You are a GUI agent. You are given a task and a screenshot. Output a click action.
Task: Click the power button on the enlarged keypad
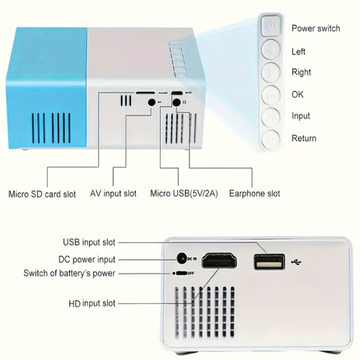(x=271, y=25)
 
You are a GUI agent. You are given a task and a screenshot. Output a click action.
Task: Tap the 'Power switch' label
(x=316, y=28)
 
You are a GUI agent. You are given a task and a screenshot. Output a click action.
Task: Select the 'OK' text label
(x=297, y=94)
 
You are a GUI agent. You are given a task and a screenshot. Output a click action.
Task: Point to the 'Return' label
(x=304, y=138)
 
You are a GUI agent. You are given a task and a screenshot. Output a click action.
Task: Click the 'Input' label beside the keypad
(x=301, y=116)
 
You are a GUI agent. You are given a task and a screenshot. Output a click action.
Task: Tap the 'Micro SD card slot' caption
(x=42, y=194)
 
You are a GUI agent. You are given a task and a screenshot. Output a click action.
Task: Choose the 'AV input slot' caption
(x=113, y=194)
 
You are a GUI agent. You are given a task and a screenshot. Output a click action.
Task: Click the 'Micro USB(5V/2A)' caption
(x=184, y=194)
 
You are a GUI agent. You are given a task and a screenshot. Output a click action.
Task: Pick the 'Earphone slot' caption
(x=254, y=194)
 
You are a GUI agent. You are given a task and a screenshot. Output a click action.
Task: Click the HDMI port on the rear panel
(x=219, y=261)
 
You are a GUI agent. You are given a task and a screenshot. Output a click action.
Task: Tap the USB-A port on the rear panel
(x=269, y=262)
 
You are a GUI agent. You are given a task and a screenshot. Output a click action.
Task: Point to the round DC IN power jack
(x=181, y=258)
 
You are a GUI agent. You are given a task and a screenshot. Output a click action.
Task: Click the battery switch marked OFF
(x=181, y=274)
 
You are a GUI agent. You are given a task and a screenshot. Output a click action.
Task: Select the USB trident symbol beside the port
(x=296, y=262)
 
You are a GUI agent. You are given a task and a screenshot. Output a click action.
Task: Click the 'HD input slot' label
(x=92, y=303)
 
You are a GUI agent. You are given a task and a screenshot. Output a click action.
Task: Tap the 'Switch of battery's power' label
(x=69, y=274)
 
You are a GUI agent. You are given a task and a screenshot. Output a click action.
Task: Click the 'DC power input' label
(x=87, y=259)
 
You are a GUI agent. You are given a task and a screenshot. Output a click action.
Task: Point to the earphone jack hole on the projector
(x=176, y=102)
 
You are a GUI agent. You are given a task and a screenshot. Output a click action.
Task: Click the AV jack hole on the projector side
(x=151, y=102)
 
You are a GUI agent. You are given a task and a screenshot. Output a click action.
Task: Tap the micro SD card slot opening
(x=145, y=92)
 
